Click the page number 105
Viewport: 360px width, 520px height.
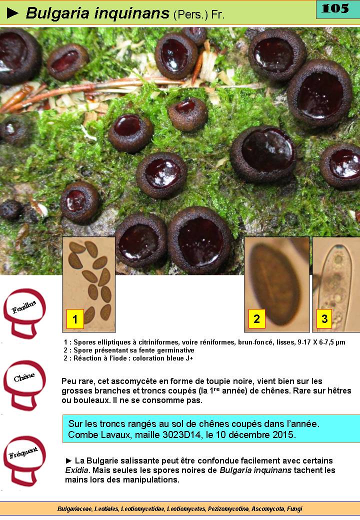click(x=335, y=8)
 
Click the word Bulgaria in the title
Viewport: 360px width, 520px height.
click(x=57, y=13)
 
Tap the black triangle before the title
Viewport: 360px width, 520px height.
click(x=12, y=13)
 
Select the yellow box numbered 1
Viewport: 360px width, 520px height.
click(x=75, y=318)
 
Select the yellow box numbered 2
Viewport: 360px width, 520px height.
click(x=256, y=318)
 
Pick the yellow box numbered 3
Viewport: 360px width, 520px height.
click(x=324, y=318)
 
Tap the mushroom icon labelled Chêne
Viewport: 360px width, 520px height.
click(x=24, y=384)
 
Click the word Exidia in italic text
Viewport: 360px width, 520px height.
click(x=76, y=470)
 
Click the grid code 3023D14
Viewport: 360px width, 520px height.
click(x=181, y=434)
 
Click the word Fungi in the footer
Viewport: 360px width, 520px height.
click(x=294, y=508)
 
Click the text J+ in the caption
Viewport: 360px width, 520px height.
click(x=189, y=358)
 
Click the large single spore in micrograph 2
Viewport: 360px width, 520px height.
click(x=274, y=284)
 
